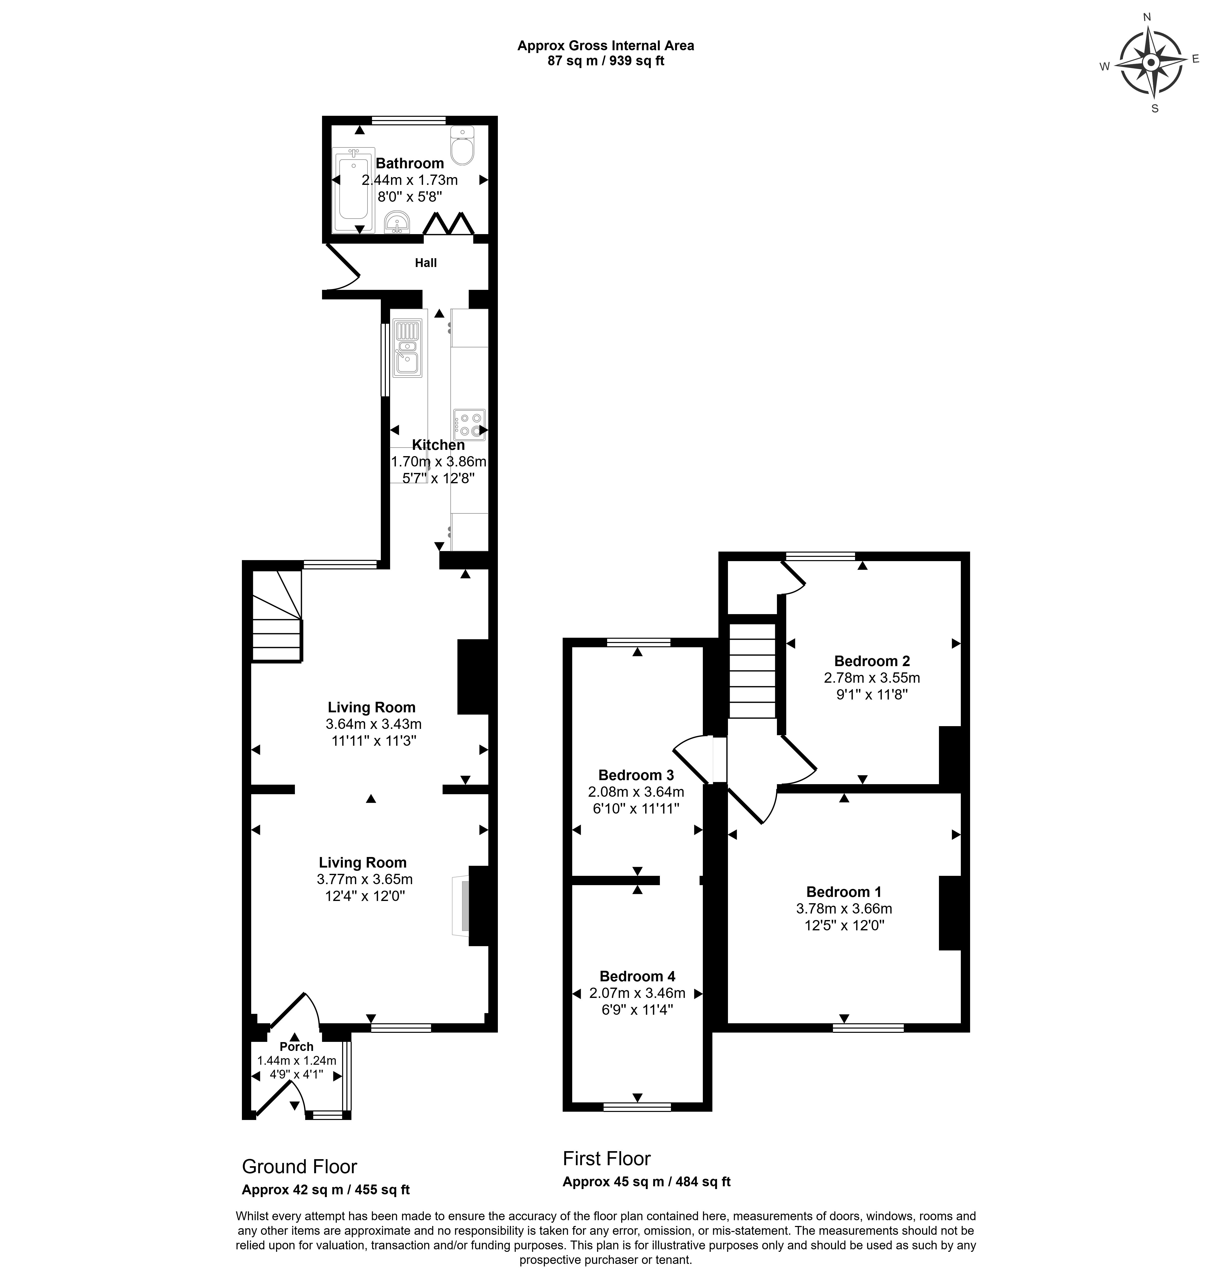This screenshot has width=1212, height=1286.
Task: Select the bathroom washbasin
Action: pos(397,222)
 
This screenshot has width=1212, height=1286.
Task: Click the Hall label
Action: pos(426,263)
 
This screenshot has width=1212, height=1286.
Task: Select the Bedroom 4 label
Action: pos(637,976)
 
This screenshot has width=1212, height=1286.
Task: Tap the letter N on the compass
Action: pos(1147,18)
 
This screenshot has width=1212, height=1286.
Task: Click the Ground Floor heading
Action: pos(300,1166)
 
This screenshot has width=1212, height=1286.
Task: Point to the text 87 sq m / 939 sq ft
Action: pos(606,62)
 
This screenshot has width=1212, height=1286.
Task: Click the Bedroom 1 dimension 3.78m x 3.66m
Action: pos(844,908)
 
